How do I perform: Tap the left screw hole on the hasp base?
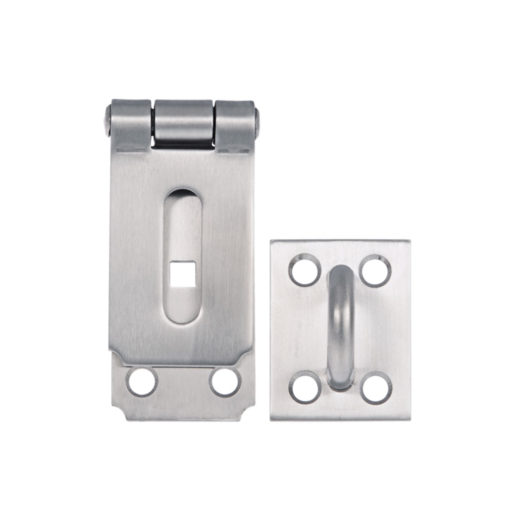(142, 382)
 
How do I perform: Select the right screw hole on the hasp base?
(225, 382)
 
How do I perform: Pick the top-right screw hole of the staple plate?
(375, 271)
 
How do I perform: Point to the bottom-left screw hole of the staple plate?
(304, 388)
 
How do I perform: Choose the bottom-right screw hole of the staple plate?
(376, 388)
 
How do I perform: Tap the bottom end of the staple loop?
(341, 383)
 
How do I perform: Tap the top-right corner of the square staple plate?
(409, 242)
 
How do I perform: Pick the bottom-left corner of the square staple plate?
(272, 419)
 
